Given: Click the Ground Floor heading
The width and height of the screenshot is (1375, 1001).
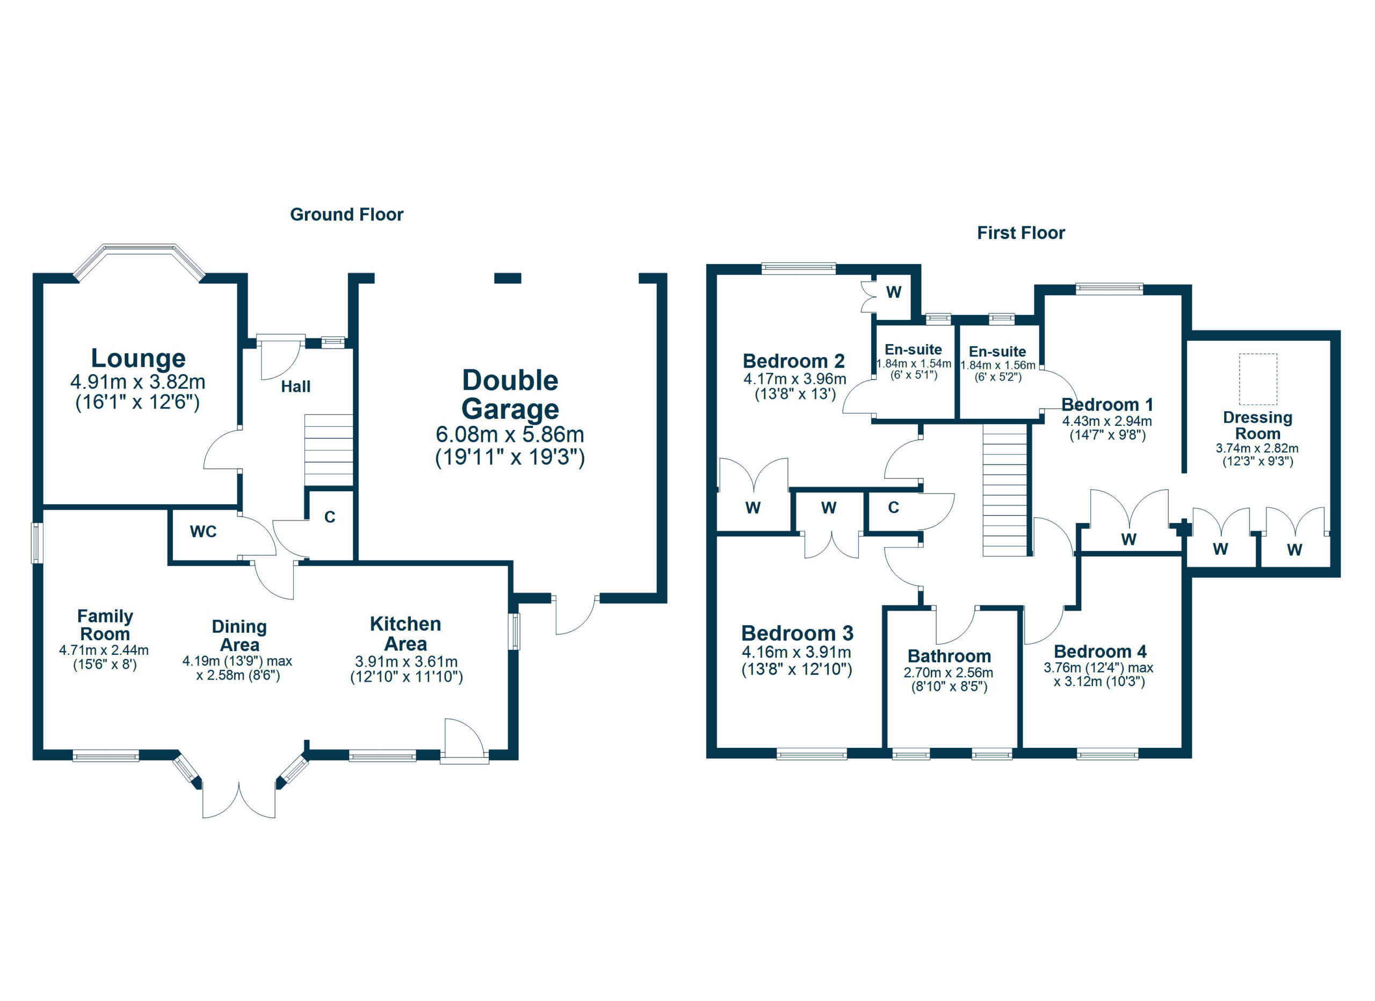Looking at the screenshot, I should coord(346,215).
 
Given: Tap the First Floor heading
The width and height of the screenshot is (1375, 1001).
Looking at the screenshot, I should coord(1021,233).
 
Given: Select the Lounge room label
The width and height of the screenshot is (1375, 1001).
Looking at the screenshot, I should coord(138,359).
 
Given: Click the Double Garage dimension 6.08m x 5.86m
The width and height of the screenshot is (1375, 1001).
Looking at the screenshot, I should coord(509,434).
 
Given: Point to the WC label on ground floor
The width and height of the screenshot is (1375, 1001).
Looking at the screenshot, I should coord(203,532).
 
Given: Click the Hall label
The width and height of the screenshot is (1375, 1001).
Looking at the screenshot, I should coord(295,387).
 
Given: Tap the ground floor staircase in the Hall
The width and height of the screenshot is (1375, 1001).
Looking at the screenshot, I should coord(328,450).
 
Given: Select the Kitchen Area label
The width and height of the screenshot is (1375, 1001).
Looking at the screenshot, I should coord(405,633).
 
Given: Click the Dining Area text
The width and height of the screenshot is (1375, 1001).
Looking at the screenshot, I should coord(239,635).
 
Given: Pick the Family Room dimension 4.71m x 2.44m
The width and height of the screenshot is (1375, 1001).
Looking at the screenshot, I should coord(104,650).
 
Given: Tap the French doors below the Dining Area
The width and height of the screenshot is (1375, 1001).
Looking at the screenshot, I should coord(239,799).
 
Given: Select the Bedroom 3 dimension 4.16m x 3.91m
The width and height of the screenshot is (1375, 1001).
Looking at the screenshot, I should coord(796,653).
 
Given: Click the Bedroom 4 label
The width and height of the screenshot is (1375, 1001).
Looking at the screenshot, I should coord(1100,652).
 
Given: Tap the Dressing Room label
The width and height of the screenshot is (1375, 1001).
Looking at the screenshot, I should coord(1257,425).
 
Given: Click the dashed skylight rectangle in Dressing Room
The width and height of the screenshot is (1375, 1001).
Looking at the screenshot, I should coord(1257,379).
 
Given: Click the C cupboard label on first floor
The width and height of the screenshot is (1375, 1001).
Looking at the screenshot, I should coord(893,508).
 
